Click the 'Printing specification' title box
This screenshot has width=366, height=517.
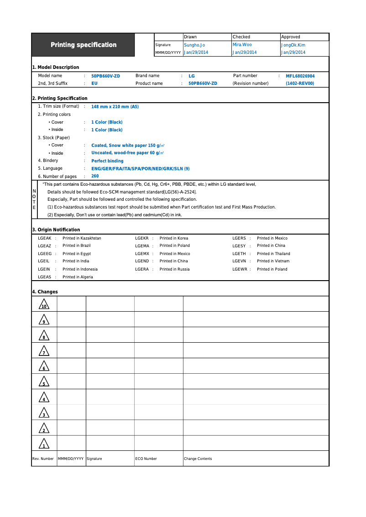83,45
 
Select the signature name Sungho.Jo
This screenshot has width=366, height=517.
194,45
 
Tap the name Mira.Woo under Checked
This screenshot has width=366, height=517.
242,45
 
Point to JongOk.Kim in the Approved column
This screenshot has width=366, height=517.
293,45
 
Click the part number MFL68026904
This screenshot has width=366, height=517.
300,76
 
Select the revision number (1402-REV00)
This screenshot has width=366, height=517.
300,84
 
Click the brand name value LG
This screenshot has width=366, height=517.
192,76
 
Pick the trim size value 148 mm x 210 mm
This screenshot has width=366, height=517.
115,106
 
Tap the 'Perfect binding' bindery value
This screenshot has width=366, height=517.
107,161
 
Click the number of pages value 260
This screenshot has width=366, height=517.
95,176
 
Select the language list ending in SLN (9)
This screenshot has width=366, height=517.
141,168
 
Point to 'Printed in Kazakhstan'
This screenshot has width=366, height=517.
82,238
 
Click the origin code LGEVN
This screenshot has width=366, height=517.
239,261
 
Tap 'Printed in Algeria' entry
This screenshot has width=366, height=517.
78,277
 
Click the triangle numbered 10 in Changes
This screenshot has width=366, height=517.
44,305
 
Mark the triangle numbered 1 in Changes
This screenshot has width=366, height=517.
44,444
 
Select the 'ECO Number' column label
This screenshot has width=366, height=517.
146,459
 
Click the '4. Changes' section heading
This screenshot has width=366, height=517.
45,292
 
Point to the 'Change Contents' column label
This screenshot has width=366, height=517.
198,459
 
